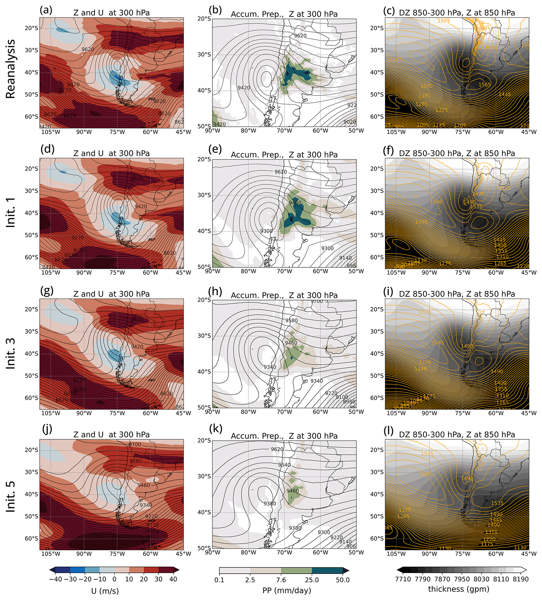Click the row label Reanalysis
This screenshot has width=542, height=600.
pos(11,69)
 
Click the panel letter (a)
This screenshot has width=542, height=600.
pos(46,10)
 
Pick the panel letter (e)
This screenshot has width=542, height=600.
pos(215,149)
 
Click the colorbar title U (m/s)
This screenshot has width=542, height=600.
pos(105,591)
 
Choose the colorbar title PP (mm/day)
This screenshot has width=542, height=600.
pos(286,591)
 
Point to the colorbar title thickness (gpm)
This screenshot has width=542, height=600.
pos(458,589)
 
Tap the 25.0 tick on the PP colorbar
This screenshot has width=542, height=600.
pos(312,580)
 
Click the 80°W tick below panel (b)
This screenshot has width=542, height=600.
pos(248,131)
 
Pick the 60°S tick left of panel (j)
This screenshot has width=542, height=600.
pos(32,539)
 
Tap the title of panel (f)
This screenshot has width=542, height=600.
pos(457,153)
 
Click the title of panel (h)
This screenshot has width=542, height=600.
pos(284,295)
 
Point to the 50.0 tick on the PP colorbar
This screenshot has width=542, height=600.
pos(343,580)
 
